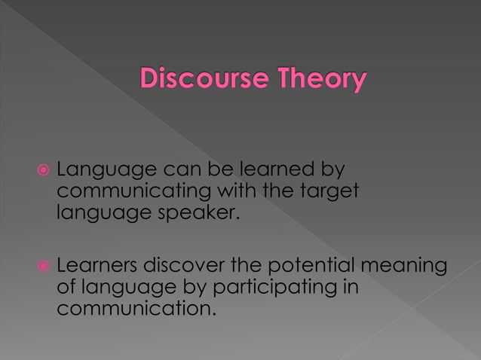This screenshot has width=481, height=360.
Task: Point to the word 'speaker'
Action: [x=190, y=214]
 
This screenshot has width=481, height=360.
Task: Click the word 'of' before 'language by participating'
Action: [x=66, y=288]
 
